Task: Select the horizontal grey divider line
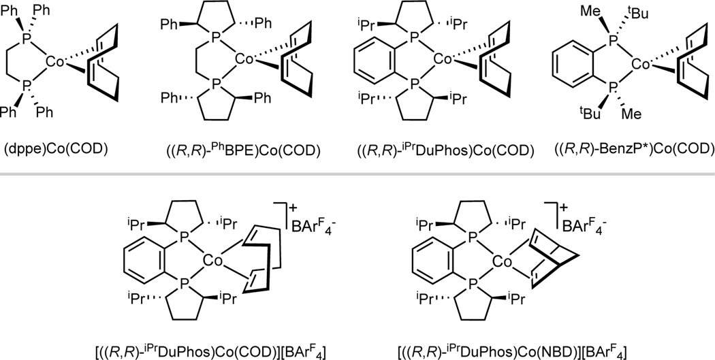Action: (x=357, y=178)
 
